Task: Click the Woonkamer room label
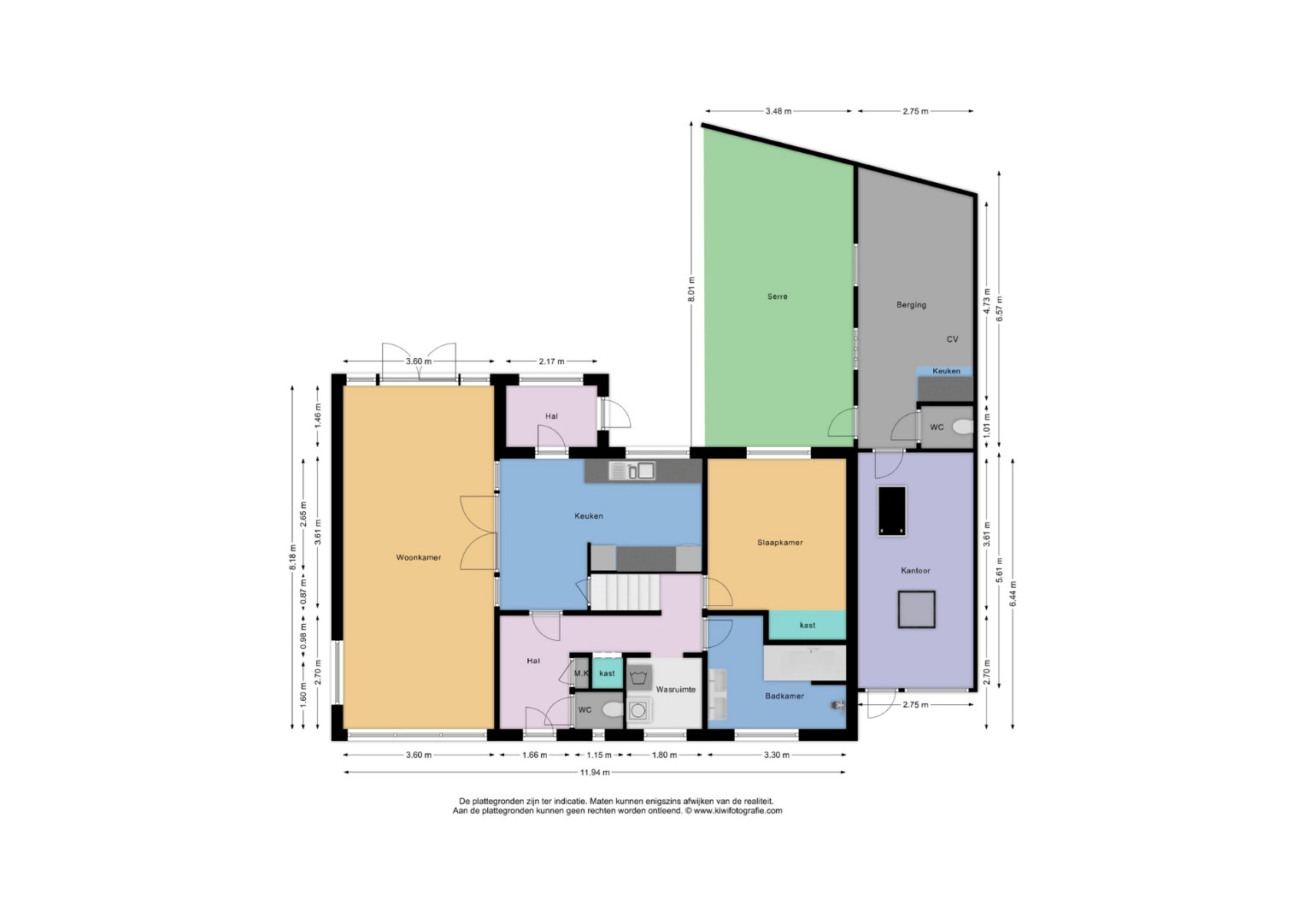coord(419,557)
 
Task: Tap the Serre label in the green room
coord(777,297)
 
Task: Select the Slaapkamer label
coord(780,542)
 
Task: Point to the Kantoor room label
coord(915,571)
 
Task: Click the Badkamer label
coord(784,696)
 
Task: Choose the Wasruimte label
coord(675,690)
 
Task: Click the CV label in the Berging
coord(953,339)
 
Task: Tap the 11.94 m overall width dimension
coord(595,773)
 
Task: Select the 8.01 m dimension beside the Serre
coord(691,288)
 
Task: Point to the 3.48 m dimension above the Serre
coord(778,111)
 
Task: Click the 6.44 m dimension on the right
coord(1013,594)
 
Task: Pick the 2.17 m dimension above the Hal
coord(551,361)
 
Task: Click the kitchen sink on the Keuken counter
coord(631,471)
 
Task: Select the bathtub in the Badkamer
coord(804,662)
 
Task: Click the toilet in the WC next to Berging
coord(963,427)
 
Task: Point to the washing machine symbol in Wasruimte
coord(638,710)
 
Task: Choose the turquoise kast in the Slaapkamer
coord(808,625)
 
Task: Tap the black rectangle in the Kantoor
coord(892,511)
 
